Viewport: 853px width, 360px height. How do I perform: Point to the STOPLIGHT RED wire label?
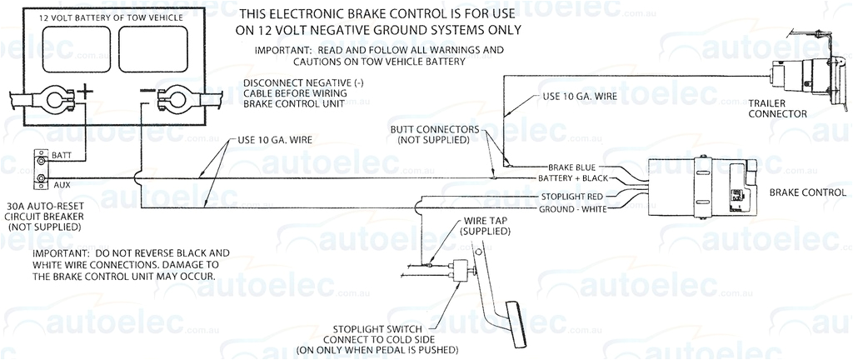point(576,197)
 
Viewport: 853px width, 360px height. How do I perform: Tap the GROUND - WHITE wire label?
point(575,208)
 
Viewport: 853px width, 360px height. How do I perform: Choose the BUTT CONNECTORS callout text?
point(434,135)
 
